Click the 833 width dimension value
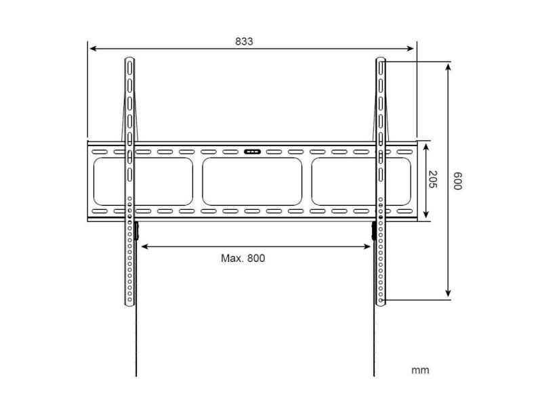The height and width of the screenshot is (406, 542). [244, 41]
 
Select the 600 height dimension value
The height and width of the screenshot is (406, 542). [457, 181]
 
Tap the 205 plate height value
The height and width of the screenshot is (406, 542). [433, 179]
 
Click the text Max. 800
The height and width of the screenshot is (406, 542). [243, 258]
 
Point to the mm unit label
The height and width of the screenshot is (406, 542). [420, 370]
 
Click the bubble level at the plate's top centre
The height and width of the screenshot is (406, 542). [252, 152]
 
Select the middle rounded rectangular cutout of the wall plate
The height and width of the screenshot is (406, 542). [252, 181]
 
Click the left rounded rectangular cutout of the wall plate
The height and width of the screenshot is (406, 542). [143, 181]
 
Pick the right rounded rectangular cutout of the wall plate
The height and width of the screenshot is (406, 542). [361, 181]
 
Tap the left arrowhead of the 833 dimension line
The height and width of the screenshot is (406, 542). [92, 49]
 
